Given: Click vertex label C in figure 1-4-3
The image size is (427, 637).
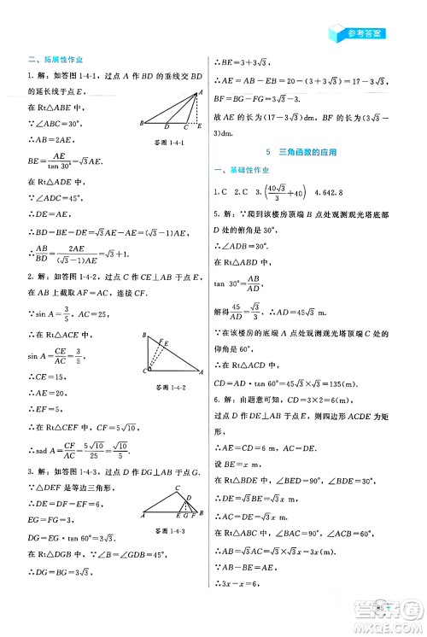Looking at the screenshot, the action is (176, 488).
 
